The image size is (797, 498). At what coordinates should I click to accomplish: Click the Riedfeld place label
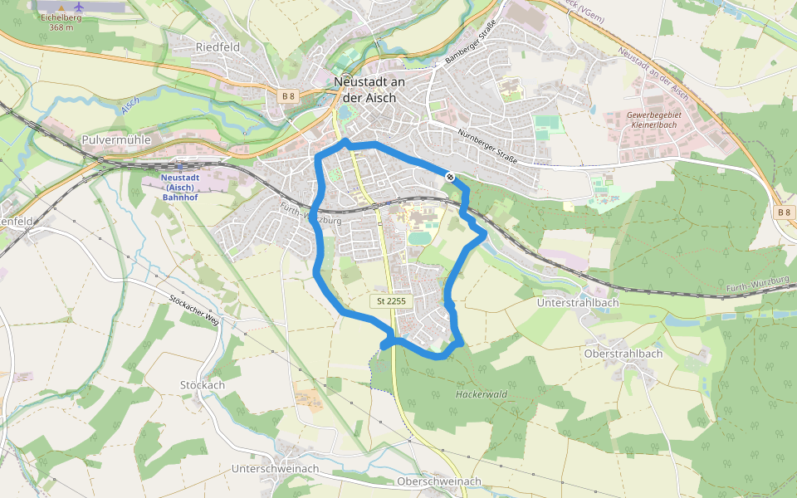(x=218, y=47)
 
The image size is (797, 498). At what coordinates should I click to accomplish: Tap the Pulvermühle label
(x=116, y=140)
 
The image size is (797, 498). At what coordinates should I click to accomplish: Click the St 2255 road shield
(x=389, y=300)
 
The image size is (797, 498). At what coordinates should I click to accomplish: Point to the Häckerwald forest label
(x=481, y=394)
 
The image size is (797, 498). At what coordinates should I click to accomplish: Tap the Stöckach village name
(x=203, y=385)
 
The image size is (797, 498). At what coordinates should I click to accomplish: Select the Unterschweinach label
(x=275, y=469)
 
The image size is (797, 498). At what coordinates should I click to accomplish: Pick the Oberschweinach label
(x=439, y=481)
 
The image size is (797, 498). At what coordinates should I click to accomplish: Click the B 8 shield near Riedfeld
(x=288, y=96)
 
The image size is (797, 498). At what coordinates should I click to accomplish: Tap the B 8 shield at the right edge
(x=784, y=212)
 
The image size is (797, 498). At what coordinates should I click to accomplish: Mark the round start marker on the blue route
(x=450, y=177)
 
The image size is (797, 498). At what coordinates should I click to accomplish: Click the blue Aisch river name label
(x=130, y=105)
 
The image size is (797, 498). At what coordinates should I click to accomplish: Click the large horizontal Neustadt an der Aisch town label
(x=369, y=89)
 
